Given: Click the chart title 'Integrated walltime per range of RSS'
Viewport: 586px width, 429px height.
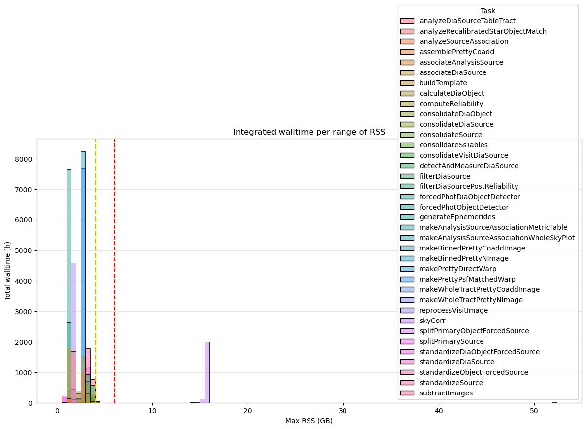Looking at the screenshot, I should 309,132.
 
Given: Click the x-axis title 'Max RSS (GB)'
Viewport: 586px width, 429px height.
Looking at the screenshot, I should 309,421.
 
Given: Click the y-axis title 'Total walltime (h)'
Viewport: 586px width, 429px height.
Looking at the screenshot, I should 8,271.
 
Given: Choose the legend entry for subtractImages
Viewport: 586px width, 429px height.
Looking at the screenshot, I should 446,393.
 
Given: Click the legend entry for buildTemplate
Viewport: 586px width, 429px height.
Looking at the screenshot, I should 443,83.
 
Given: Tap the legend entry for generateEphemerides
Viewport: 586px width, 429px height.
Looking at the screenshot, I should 457,217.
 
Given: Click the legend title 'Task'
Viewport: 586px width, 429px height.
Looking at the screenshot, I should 488,11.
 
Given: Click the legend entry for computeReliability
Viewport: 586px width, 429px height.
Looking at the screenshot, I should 451,104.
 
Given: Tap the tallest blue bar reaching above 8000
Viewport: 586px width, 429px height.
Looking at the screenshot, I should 83,276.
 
